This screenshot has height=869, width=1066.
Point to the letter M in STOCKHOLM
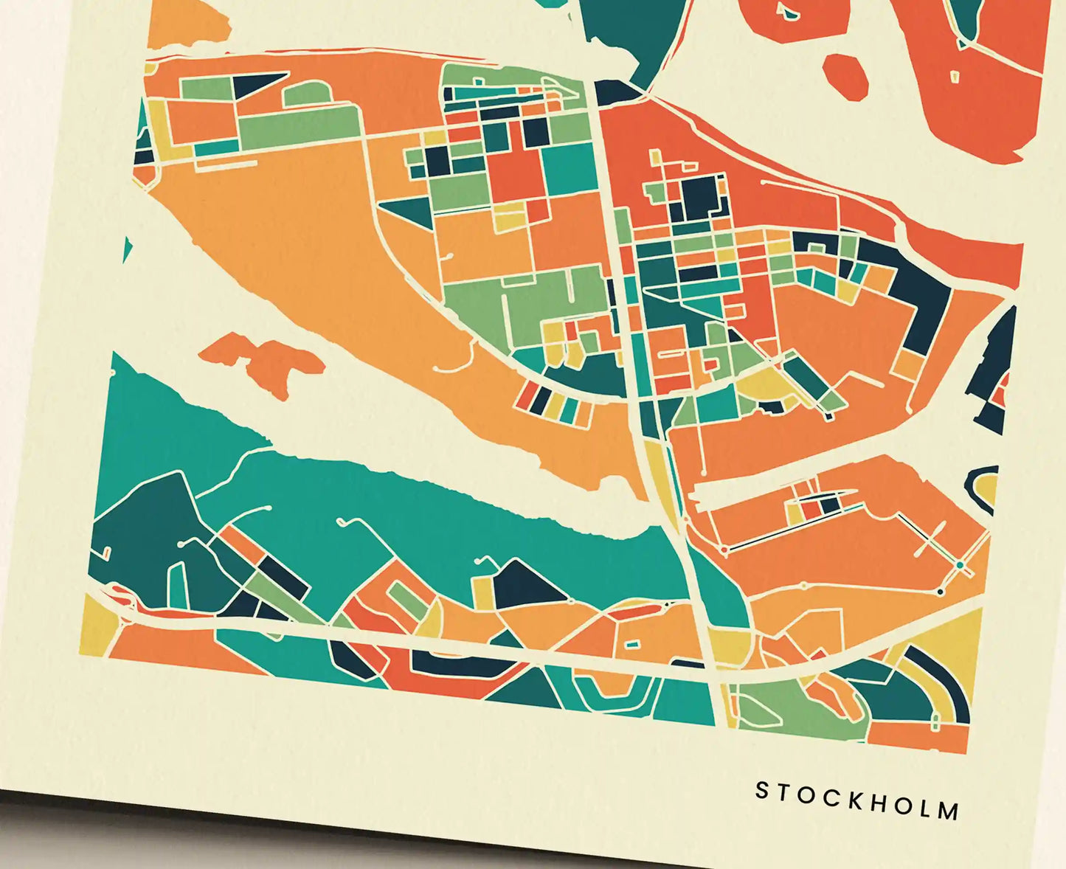pos(950,811)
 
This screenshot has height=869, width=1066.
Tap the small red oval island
pos(845,73)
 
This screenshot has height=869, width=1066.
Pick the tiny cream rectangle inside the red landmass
pos(955,76)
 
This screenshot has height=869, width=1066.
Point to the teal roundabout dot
pos(960,565)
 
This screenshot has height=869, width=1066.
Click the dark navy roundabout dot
pos(940,592)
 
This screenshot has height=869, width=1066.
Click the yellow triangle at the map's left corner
pos(94,627)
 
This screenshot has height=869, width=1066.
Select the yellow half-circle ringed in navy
pos(989,487)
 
